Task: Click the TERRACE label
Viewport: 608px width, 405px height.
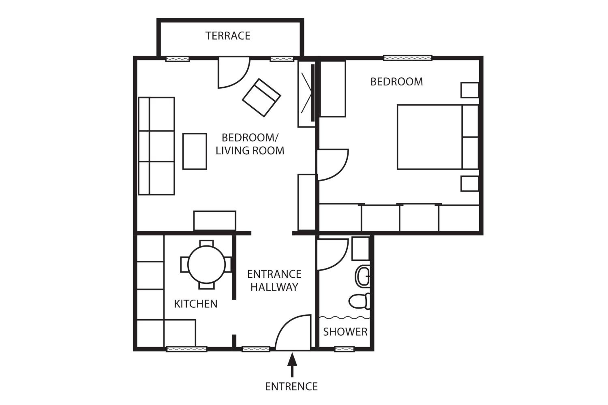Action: [228, 36]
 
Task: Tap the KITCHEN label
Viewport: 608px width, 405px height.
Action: [196, 304]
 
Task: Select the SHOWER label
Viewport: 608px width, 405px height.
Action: [345, 332]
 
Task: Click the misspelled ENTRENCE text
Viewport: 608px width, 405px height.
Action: [291, 386]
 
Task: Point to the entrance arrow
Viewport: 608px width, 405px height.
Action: [292, 365]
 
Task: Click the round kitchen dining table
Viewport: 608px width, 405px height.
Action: [206, 265]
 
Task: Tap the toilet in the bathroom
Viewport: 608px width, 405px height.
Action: [359, 301]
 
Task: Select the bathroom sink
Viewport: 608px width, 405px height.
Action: [362, 276]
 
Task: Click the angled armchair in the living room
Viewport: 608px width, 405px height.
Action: [261, 98]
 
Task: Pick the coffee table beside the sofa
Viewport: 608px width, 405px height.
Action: [195, 151]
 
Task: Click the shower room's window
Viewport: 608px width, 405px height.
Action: [344, 349]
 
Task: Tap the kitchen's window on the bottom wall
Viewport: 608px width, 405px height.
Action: [187, 349]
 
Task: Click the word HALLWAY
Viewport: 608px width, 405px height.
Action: [274, 287]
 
